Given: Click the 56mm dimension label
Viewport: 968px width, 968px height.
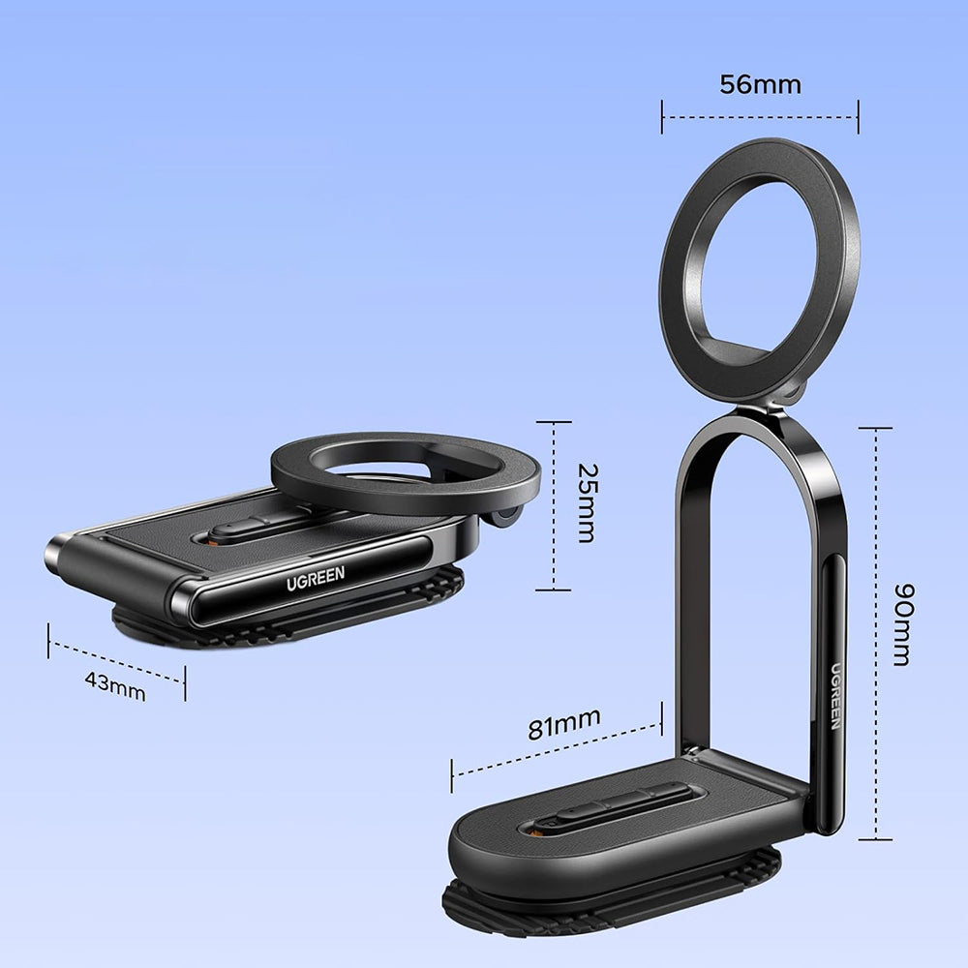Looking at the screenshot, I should pyautogui.click(x=760, y=85).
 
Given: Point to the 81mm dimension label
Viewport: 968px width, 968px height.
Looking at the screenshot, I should pyautogui.click(x=563, y=723).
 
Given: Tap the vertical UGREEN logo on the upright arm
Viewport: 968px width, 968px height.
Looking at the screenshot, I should pyautogui.click(x=834, y=698).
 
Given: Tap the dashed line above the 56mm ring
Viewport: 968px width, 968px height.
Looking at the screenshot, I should pyautogui.click(x=760, y=117).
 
